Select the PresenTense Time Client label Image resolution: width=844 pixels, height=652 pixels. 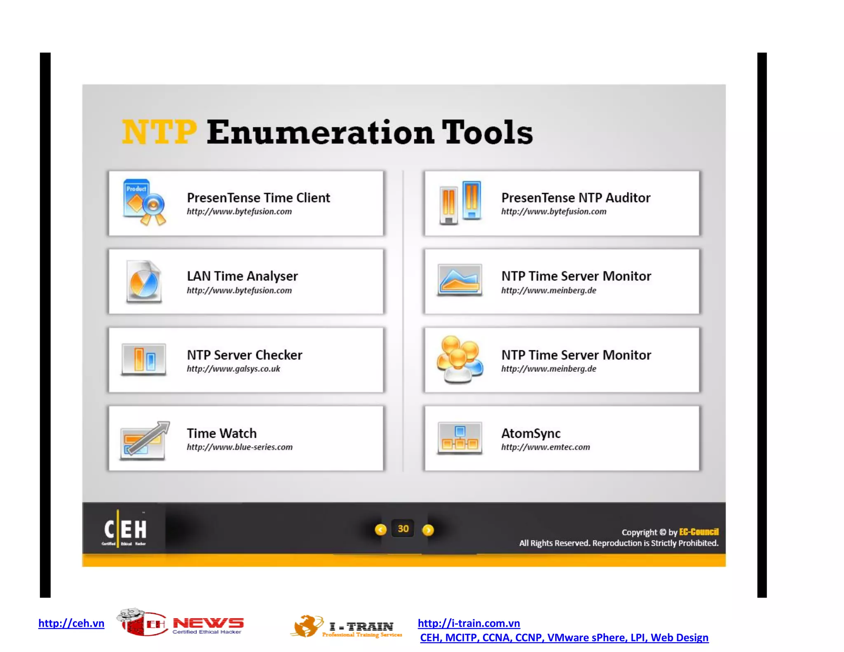point(258,198)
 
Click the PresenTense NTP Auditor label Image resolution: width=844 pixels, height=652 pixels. point(576,198)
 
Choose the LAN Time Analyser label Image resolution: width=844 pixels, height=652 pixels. point(242,276)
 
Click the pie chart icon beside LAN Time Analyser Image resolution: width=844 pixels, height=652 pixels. point(143,281)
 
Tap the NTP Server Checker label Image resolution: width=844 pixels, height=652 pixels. point(244,355)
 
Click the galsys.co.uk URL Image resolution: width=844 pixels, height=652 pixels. point(233,369)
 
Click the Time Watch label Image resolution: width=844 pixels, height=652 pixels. point(222,433)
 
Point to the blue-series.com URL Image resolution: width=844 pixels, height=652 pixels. point(239,447)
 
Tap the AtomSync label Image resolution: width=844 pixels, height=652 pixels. point(531,433)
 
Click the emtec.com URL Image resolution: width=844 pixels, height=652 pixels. point(546,447)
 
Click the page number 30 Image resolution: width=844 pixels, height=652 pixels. point(403,529)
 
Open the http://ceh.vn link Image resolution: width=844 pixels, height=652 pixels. point(71,623)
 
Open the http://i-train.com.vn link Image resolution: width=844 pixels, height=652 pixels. point(469,623)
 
